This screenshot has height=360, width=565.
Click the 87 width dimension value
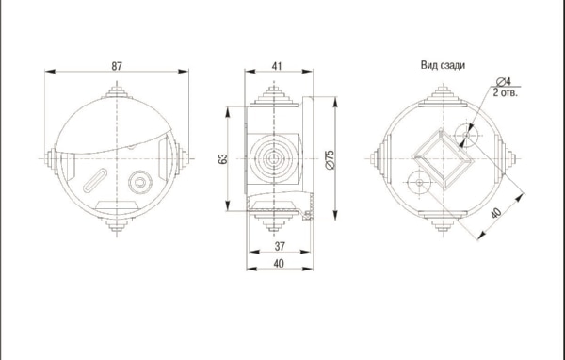(117, 66)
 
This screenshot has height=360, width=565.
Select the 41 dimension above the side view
(277, 66)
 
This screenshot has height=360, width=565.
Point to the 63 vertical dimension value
(223, 158)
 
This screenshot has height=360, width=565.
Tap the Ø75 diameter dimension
(330, 160)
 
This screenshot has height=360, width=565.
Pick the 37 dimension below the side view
(280, 246)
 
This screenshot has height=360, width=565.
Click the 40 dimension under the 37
(279, 264)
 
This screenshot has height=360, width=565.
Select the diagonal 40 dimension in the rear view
(496, 213)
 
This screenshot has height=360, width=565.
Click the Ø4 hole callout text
(504, 81)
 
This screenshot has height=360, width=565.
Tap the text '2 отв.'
(505, 92)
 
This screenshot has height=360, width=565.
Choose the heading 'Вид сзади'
(443, 65)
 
